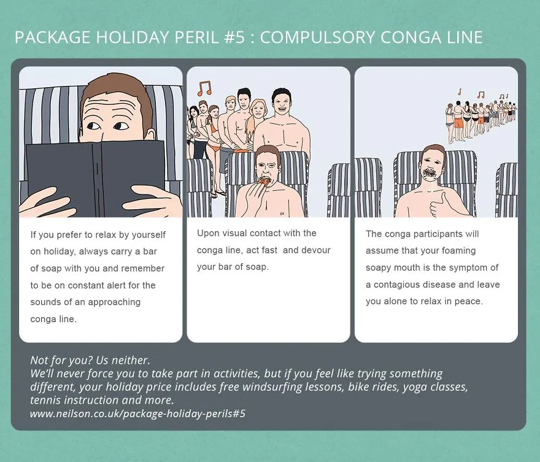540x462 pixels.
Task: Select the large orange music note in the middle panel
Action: (204, 88)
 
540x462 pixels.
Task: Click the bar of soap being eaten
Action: (264, 182)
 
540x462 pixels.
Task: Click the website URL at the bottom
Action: (137, 413)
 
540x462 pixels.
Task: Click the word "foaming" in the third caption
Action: (460, 250)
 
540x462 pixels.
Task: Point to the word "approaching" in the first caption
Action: (114, 302)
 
